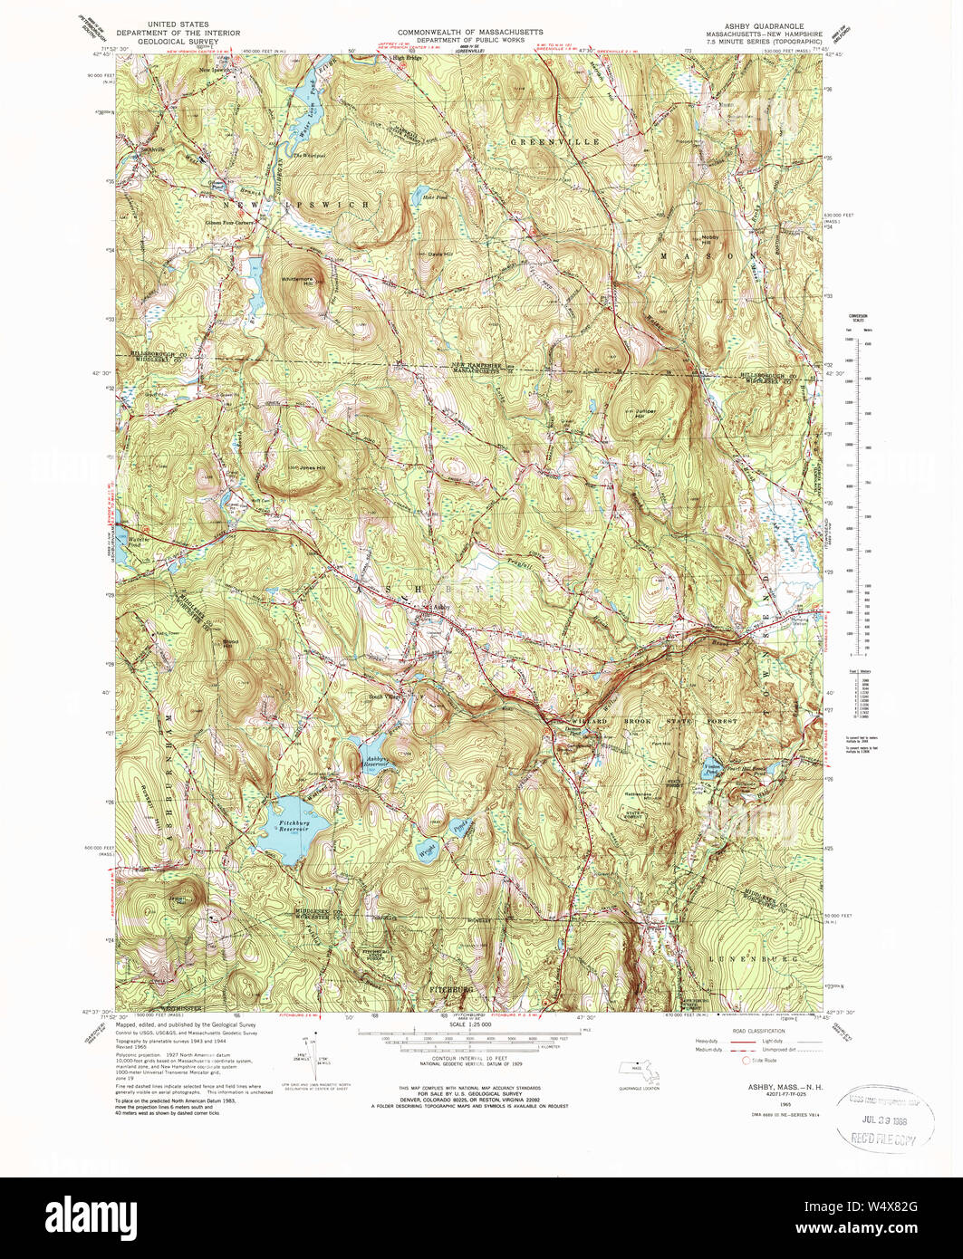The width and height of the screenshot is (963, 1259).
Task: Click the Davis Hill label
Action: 439,254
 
